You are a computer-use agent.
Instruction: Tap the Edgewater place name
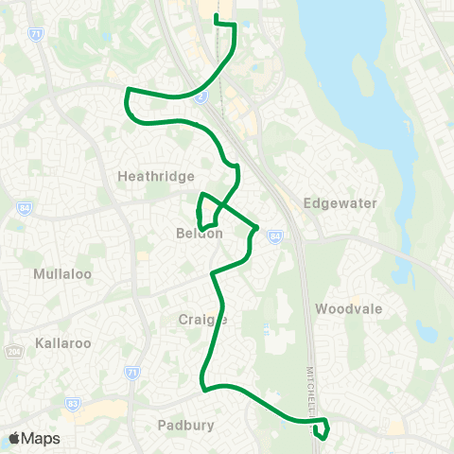point(340,203)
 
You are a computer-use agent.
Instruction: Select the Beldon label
point(199,234)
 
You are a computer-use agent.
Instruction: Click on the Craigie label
point(202,319)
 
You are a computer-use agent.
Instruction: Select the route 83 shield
point(74,403)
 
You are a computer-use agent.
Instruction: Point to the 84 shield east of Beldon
point(274,236)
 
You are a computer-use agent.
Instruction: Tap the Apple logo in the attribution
point(15,438)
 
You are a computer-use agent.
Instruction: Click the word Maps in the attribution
point(41,438)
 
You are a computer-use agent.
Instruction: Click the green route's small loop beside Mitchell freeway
point(323,429)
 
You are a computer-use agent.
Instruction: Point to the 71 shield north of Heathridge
point(36,34)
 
